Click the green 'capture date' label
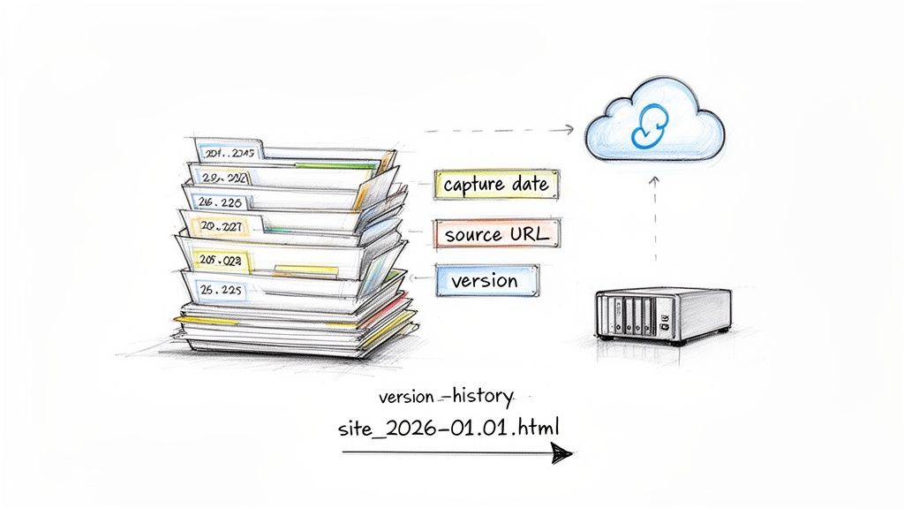point(497,185)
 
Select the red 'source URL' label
point(497,234)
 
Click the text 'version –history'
point(444,395)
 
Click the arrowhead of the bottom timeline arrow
point(561,453)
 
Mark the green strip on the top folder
point(335,165)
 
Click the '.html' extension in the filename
point(538,428)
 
